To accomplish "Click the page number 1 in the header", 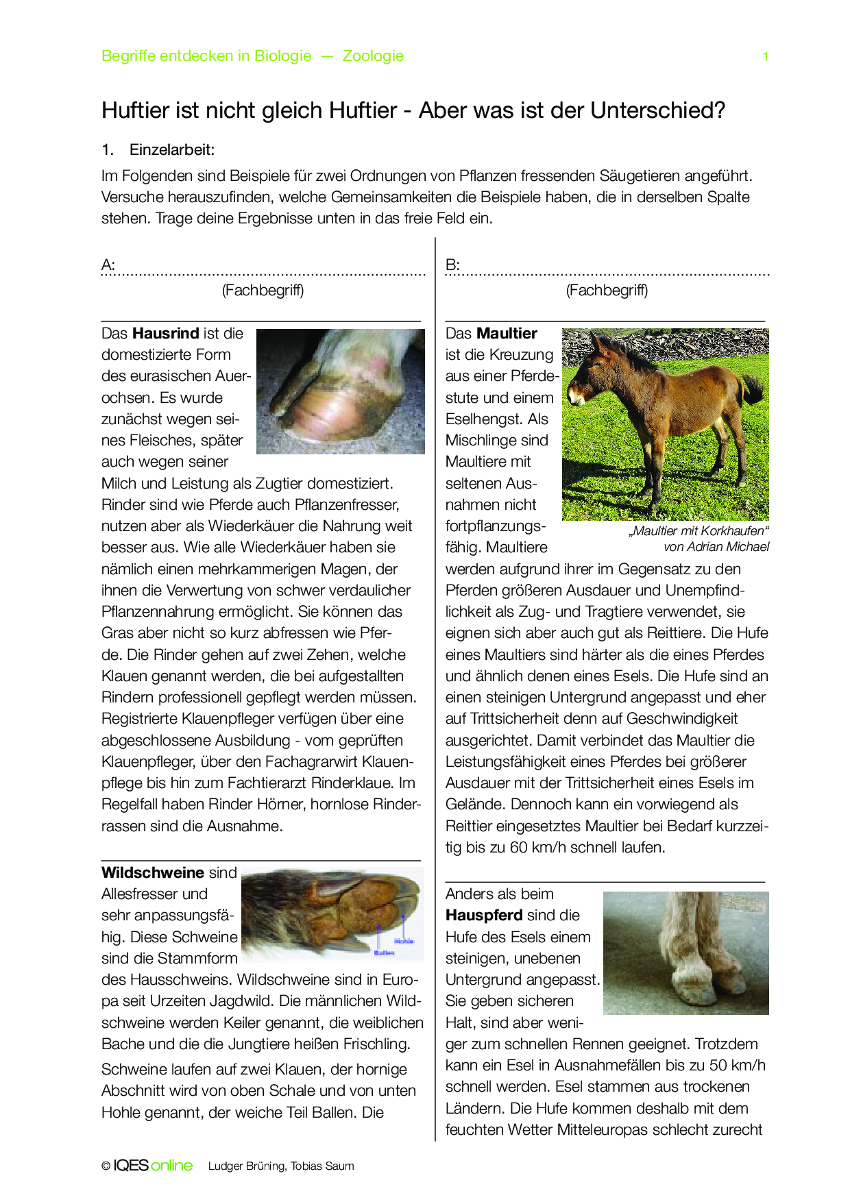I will coord(765,57).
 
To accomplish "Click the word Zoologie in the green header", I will coord(373,56).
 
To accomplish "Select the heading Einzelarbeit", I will coord(172,149).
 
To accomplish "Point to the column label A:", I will coord(108,265).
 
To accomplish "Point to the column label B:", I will coord(452,265).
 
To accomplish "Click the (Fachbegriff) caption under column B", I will coord(607,291).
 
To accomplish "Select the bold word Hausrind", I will coord(165,334).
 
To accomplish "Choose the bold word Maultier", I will coord(507,334).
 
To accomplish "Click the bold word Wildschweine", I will coord(153,872).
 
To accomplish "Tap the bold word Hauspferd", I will coord(484,916).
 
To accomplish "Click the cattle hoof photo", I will coord(340,391).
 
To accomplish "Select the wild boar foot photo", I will coord(332,913).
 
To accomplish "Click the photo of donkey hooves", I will coord(685,953).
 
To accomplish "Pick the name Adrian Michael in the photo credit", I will coord(728,547).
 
